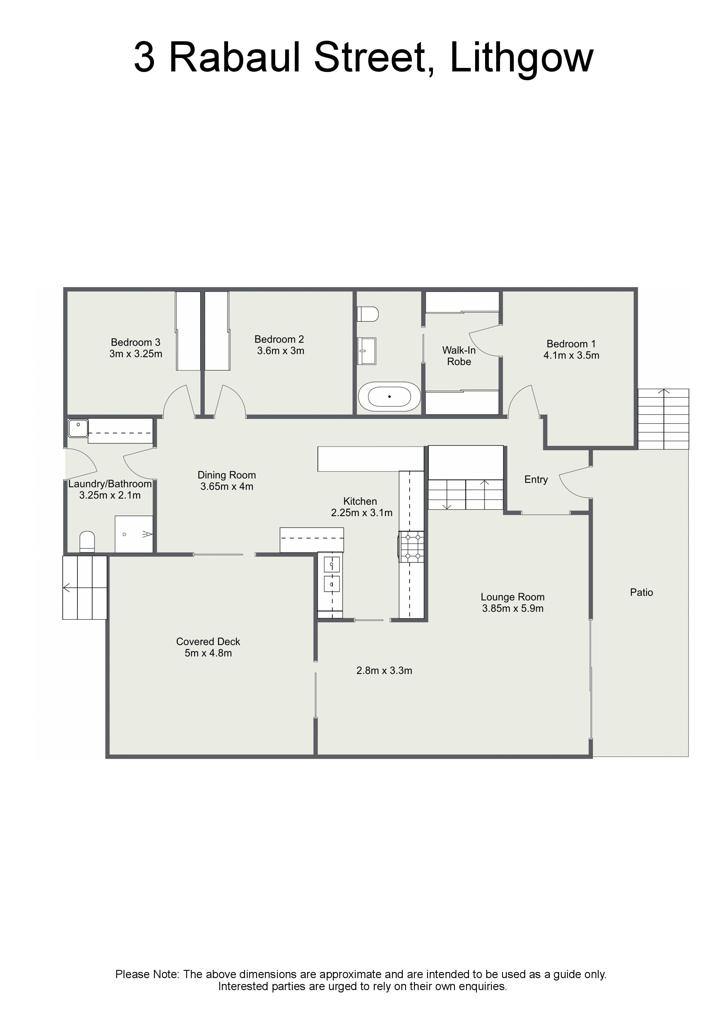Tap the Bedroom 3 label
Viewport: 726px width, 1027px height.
click(x=136, y=342)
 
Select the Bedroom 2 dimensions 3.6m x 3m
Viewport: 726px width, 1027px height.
click(x=280, y=351)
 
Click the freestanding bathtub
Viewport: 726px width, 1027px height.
click(x=390, y=396)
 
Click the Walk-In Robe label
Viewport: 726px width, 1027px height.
click(x=459, y=356)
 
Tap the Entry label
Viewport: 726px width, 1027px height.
click(x=536, y=480)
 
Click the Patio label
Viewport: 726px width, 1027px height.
click(x=641, y=592)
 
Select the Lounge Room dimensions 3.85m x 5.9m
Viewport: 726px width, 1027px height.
click(x=513, y=608)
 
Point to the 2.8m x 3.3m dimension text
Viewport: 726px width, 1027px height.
click(x=384, y=670)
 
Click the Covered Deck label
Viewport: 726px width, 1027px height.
click(x=208, y=641)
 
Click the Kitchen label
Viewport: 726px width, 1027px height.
click(x=360, y=501)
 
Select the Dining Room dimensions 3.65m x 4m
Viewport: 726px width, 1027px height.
click(x=227, y=487)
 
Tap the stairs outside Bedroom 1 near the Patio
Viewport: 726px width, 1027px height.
click(x=663, y=419)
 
